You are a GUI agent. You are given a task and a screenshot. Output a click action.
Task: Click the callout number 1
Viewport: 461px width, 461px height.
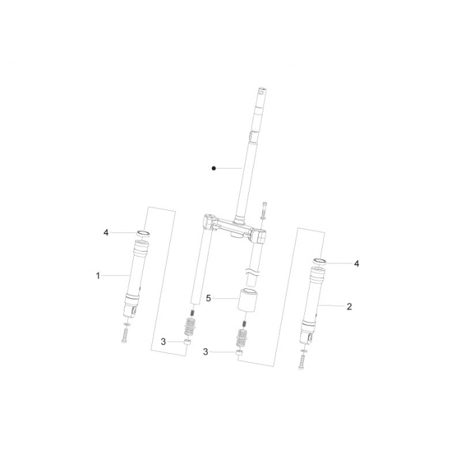tap(98, 275)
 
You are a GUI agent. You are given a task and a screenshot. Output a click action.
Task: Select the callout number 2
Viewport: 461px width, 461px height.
tap(349, 306)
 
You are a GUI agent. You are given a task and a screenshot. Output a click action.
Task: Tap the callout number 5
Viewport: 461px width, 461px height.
tap(209, 298)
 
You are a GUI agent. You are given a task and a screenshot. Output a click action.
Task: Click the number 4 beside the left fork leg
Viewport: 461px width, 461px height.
tap(105, 232)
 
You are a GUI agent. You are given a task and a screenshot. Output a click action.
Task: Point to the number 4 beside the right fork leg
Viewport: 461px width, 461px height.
tap(356, 263)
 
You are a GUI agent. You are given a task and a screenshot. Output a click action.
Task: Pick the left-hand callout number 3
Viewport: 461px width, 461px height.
tap(163, 342)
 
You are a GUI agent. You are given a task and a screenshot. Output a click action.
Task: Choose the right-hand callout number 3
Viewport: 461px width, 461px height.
tap(205, 352)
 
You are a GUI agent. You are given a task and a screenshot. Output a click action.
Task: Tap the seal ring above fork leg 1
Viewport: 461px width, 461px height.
tap(143, 233)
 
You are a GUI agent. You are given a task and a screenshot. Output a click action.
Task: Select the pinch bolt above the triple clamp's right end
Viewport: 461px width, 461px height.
tap(263, 209)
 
